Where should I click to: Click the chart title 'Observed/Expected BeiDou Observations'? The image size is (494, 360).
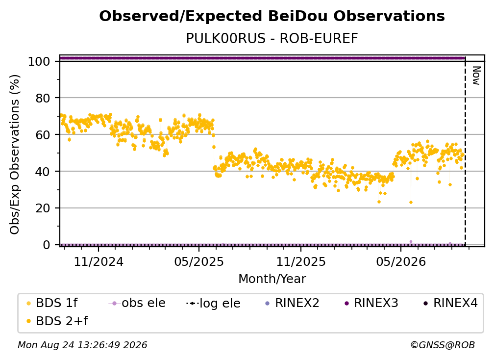pos(272,16)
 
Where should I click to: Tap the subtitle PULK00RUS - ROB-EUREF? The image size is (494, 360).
pos(272,39)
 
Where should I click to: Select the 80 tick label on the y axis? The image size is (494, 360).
pos(43,99)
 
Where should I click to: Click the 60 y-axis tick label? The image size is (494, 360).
pos(43,135)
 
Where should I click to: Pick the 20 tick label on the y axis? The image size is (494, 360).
pos(43,208)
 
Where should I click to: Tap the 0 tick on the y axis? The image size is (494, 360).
pos(47,245)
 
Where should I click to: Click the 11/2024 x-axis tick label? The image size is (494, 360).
pos(99,262)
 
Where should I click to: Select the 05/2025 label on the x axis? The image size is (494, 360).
pos(199,262)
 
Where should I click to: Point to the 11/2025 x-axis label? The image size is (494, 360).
pos(301,262)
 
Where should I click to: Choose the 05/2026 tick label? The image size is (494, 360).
pos(401,262)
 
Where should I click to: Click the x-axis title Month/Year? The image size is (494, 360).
pos(272,279)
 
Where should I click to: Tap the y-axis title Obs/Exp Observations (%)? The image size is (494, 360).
pos(15,154)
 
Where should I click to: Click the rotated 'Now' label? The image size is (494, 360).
pos(476,76)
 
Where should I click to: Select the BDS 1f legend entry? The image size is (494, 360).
pos(52,303)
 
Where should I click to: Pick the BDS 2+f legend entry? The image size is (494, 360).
pos(57,321)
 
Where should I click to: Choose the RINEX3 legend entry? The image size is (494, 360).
pos(372,303)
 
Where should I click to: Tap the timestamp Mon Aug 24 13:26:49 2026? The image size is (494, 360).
pos(82,345)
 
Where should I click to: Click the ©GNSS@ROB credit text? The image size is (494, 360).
pos(443,345)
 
